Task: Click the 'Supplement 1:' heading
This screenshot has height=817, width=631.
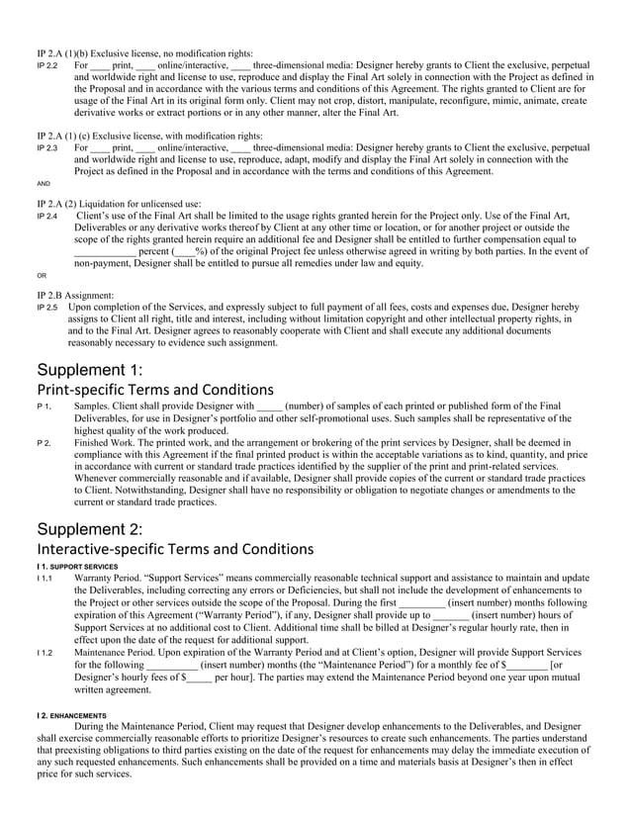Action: pyautogui.click(x=90, y=370)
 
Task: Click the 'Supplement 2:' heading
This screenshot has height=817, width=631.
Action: pyautogui.click(x=90, y=528)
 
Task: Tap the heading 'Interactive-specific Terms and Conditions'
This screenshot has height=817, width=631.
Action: pyautogui.click(x=172, y=549)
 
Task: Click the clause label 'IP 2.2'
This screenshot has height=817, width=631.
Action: pyautogui.click(x=46, y=64)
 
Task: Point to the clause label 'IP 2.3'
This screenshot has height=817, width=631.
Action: pyautogui.click(x=46, y=148)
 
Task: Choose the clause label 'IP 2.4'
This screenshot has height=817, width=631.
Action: pyautogui.click(x=46, y=216)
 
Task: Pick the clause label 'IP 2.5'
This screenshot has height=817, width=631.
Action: pyautogui.click(x=46, y=308)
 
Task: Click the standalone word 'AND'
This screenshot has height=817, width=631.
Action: pyautogui.click(x=43, y=184)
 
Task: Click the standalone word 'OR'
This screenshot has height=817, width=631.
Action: pyautogui.click(x=41, y=276)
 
